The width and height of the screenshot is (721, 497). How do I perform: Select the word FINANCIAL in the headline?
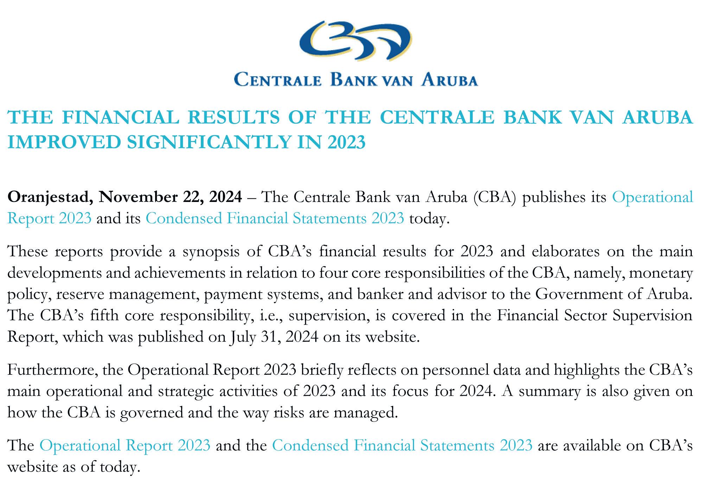[x=121, y=117]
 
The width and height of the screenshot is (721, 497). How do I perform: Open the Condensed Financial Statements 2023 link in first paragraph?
[x=275, y=218]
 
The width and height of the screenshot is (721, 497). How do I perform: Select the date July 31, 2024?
[x=275, y=337]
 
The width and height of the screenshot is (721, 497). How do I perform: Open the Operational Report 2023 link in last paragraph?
[x=125, y=445]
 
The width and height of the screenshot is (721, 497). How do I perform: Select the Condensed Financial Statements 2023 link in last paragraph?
[x=402, y=445]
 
